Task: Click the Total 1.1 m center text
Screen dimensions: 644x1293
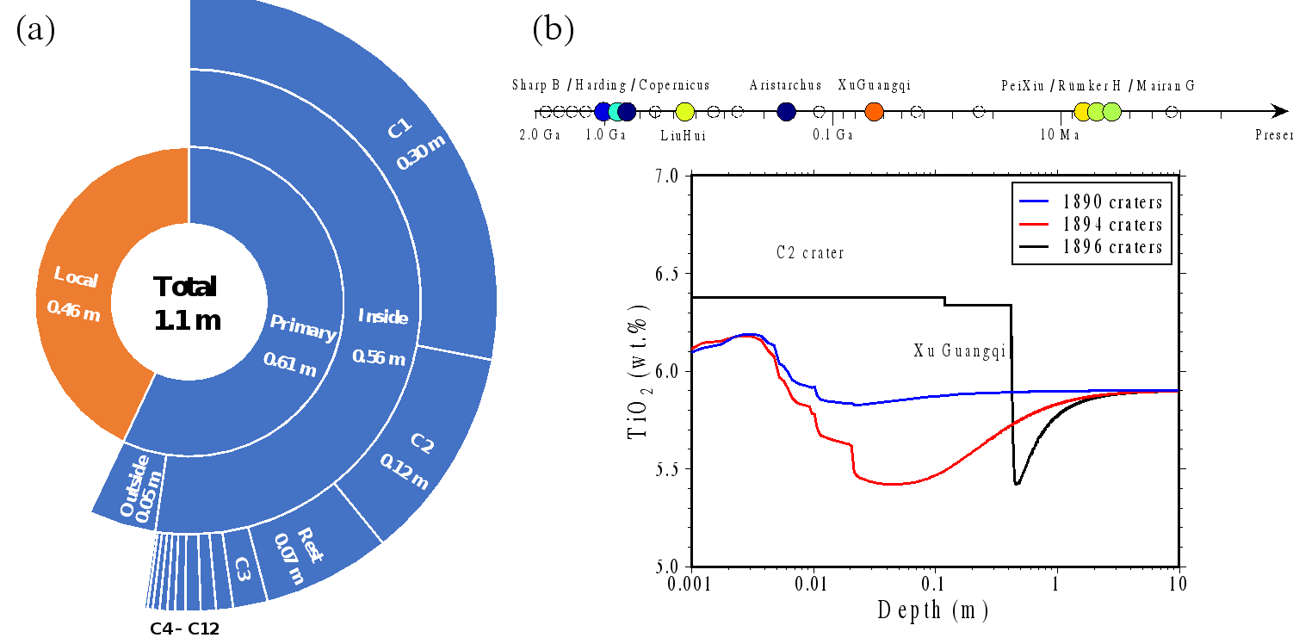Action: pyautogui.click(x=187, y=304)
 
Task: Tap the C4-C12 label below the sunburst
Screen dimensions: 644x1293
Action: pyautogui.click(x=185, y=629)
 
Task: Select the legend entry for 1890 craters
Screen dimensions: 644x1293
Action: pyautogui.click(x=1092, y=202)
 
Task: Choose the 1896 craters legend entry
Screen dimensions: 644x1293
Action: pyautogui.click(x=1092, y=247)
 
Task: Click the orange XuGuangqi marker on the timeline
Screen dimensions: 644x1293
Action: pyautogui.click(x=874, y=111)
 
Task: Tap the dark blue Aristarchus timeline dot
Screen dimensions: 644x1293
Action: pyautogui.click(x=786, y=111)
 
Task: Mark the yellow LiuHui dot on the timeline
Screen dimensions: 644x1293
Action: pyautogui.click(x=684, y=111)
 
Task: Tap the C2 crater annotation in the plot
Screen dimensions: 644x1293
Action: pyautogui.click(x=809, y=253)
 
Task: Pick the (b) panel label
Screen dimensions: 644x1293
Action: pyautogui.click(x=553, y=30)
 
